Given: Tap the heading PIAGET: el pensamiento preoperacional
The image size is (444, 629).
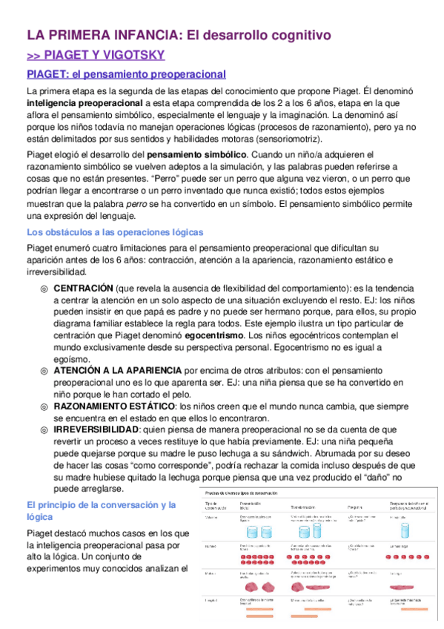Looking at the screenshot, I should coord(126,74).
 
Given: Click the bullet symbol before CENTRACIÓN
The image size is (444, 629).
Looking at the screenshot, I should coord(44,288).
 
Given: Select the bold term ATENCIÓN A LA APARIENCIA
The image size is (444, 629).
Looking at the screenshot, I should coord(117,370).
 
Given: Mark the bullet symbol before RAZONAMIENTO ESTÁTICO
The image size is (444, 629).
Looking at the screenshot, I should coord(44,406).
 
